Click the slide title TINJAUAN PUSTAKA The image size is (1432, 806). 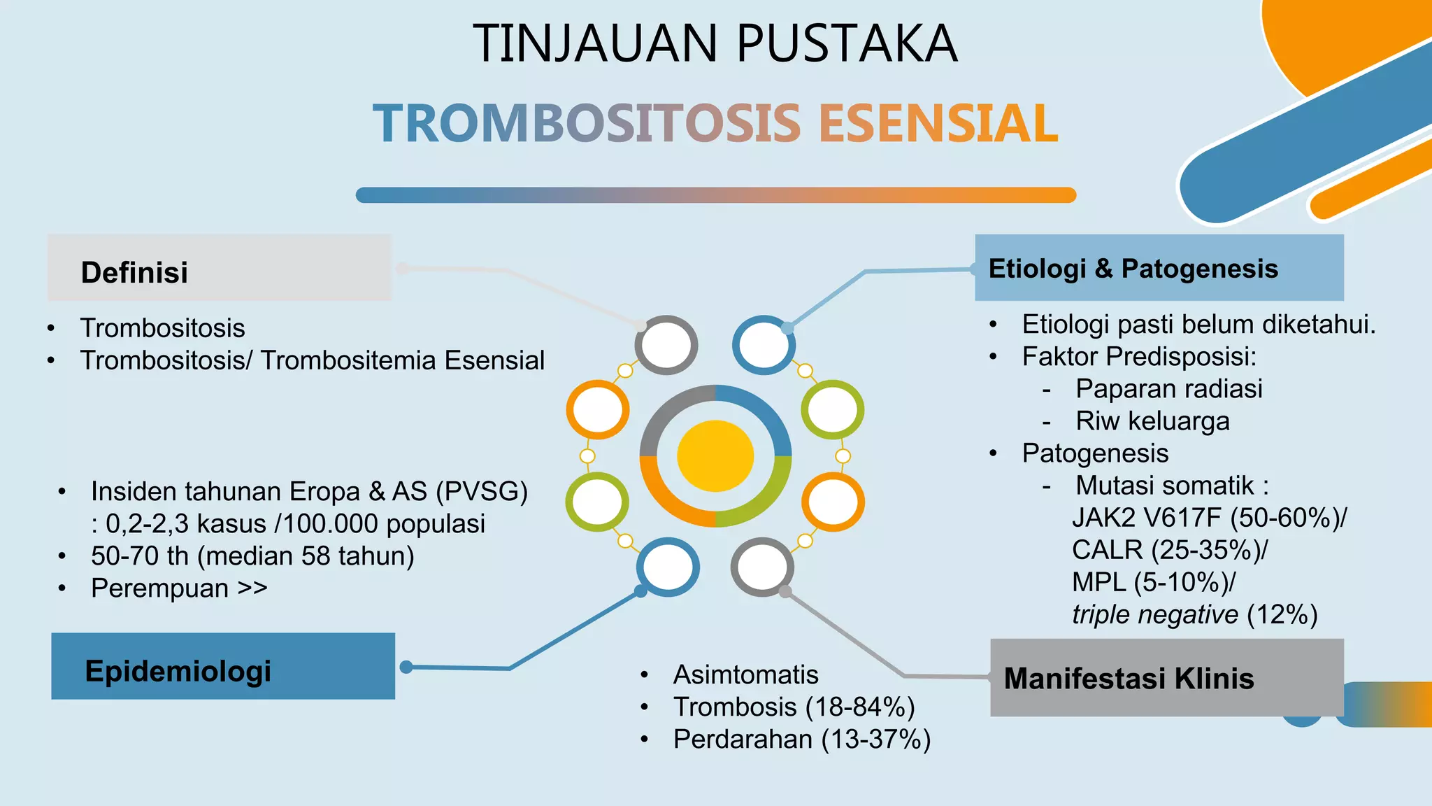coord(715,43)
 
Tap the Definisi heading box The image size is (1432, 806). coord(219,269)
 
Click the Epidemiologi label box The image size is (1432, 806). coord(222,666)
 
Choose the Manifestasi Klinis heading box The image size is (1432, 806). coord(1166,677)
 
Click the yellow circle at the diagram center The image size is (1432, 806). coord(715,456)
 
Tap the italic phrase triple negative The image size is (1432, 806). coord(1154,614)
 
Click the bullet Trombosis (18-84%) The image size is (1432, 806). coord(794,707)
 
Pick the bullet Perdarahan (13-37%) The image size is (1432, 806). coord(801,739)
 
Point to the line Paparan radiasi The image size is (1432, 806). coord(1168,389)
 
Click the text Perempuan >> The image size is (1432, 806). coord(179,588)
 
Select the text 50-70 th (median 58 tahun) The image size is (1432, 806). coord(252,556)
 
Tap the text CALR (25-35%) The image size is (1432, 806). coord(1168,550)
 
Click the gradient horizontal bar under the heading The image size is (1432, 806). coord(715,195)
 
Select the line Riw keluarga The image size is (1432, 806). coord(1152,421)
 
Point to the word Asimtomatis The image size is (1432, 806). coord(745,674)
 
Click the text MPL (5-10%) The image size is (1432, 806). coord(1152,582)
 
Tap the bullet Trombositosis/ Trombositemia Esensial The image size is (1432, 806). coord(312,360)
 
